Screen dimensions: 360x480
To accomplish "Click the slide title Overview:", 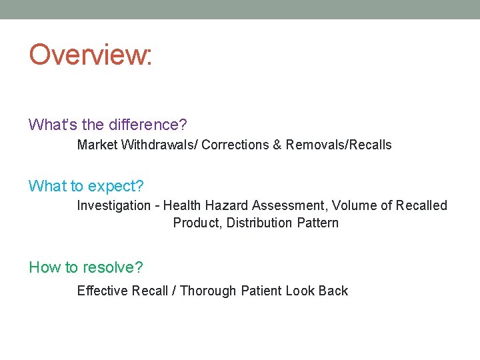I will [x=91, y=55].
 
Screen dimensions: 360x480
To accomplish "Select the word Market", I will [x=97, y=145].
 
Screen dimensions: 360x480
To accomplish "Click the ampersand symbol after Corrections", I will [x=277, y=145].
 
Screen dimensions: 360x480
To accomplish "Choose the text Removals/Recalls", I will [x=339, y=145].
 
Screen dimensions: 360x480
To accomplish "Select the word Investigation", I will [x=114, y=205].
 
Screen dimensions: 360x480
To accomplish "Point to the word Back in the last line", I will [x=333, y=291].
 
